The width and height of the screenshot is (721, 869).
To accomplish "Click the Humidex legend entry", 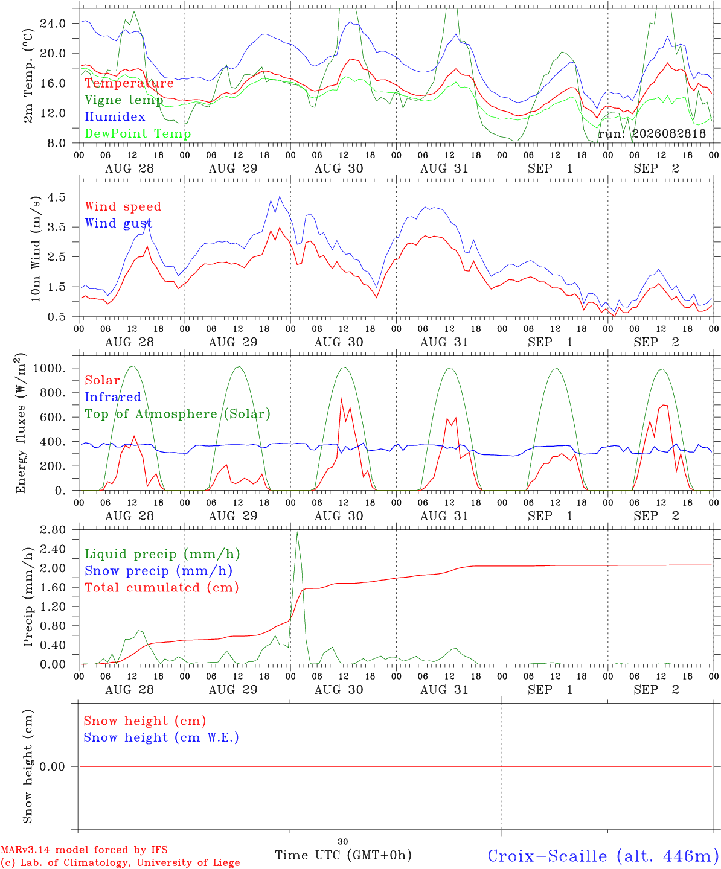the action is point(115,116).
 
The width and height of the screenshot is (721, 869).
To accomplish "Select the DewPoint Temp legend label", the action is point(138,133).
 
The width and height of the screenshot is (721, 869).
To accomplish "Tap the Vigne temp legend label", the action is point(124,100).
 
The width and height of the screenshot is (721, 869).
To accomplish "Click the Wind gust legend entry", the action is point(119,223).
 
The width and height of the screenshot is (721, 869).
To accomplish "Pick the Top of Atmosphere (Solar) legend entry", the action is point(178,414).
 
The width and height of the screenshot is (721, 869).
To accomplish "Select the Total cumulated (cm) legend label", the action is point(162,587).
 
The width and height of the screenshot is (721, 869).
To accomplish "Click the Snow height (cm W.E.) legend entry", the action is point(161,737).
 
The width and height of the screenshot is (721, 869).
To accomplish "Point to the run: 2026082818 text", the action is point(652,133).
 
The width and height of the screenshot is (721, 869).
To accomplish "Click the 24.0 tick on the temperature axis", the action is point(53,24).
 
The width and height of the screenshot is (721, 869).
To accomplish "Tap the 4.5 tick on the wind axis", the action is point(57,197).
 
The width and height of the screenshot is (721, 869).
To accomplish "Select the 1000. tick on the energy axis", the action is point(50,368).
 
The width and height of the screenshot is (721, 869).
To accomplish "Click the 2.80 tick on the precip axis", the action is point(53,530).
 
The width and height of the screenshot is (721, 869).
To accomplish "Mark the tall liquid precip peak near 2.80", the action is point(297,532).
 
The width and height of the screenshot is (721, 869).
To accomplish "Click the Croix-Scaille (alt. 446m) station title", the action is point(600,856).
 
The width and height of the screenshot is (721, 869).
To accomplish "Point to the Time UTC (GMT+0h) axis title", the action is point(343,855).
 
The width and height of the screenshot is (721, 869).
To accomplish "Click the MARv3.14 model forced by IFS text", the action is point(84,850).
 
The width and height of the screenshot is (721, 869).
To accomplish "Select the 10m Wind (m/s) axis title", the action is point(36,249).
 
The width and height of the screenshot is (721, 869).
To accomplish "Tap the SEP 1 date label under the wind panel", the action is point(550,342).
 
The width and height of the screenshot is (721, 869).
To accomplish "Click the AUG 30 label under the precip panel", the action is point(339,690).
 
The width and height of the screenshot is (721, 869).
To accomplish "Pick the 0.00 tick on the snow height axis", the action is point(52,766).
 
